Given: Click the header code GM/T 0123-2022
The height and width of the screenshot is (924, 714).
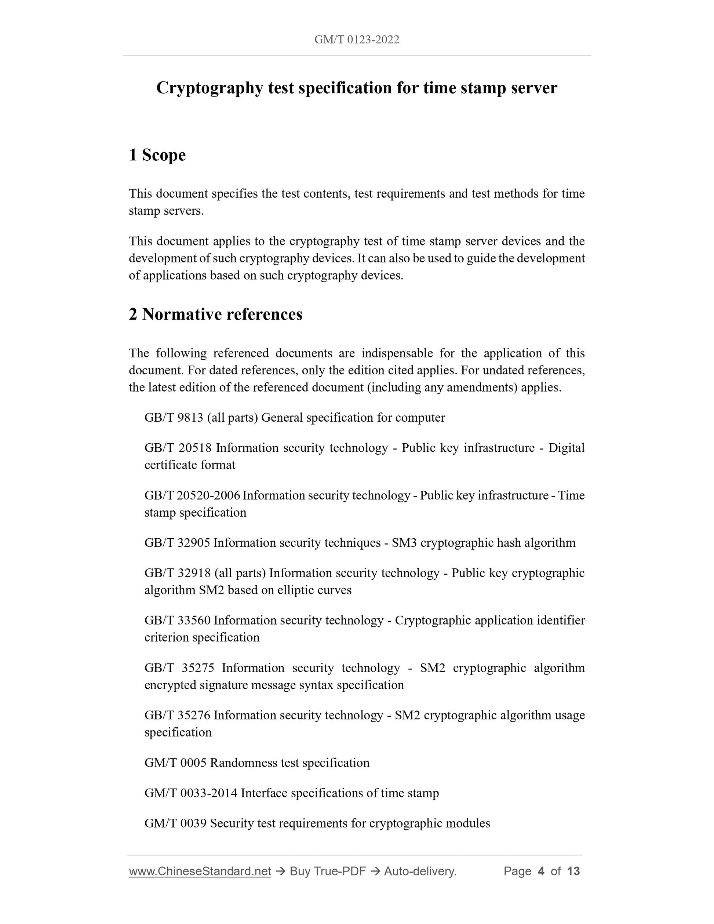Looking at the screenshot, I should click(357, 40).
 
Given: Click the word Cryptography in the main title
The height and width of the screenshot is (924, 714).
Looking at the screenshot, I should click(210, 88).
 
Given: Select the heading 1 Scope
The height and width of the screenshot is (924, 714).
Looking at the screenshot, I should click(157, 155).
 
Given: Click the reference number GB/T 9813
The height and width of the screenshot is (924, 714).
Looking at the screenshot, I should click(174, 418).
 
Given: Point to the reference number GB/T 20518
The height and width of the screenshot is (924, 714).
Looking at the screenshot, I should click(178, 448).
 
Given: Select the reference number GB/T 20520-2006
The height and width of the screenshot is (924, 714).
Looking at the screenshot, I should click(192, 495).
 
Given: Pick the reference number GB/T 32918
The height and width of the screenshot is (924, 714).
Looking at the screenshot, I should click(178, 573).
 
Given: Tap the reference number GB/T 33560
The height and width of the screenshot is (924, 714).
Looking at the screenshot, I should click(178, 620).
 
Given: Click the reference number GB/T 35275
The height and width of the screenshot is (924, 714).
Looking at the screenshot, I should click(179, 667).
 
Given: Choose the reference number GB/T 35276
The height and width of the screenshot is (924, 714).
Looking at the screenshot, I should click(178, 715).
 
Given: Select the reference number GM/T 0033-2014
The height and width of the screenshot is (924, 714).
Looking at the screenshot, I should click(191, 793).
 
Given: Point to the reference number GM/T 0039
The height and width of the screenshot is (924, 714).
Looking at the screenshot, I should click(175, 823).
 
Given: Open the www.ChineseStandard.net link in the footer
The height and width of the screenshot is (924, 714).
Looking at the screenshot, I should click(200, 871).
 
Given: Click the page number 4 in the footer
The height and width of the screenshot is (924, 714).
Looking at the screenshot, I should click(540, 871).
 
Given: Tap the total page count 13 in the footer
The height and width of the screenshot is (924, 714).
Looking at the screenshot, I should click(573, 871).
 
